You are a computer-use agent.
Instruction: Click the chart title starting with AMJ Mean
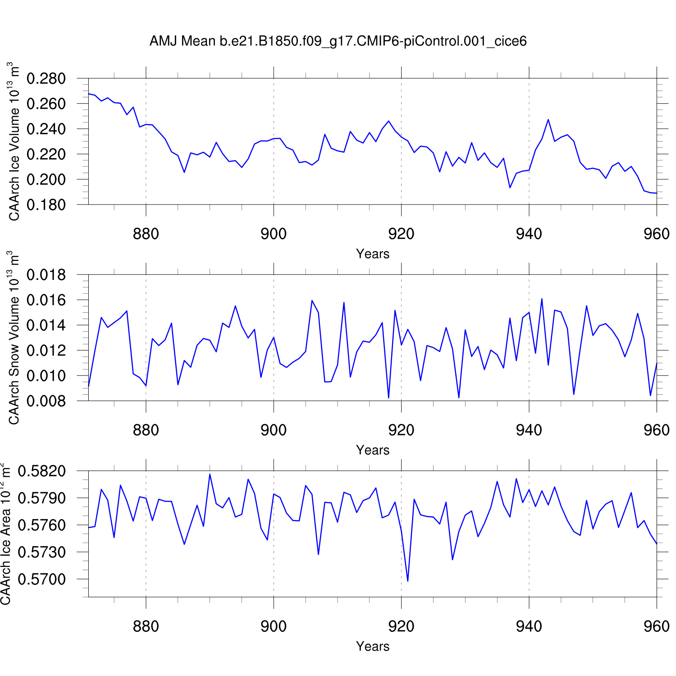[338, 41]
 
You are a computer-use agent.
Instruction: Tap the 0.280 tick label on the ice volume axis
[46, 78]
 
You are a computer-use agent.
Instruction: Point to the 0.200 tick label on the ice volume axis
[46, 179]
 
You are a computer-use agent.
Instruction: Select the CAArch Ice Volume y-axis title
[14, 142]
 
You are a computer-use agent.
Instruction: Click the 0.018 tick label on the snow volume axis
[46, 275]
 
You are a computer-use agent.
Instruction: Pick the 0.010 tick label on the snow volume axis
[46, 375]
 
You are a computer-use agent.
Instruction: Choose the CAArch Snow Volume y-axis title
[14, 338]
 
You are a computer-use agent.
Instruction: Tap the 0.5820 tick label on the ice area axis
[41, 471]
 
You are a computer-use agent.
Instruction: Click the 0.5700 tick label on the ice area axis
[41, 579]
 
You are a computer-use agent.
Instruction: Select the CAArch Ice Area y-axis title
[6, 534]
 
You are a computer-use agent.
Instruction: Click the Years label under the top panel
[373, 254]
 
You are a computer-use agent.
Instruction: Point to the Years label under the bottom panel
[373, 646]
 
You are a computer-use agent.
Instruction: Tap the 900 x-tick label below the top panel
[274, 234]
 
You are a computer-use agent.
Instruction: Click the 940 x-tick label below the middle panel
[529, 430]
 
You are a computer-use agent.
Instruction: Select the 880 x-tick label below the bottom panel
[146, 626]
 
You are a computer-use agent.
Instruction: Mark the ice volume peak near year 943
[548, 119]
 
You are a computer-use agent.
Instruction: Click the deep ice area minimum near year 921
[408, 581]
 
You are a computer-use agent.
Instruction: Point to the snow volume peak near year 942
[542, 299]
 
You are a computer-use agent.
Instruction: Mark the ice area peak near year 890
[210, 474]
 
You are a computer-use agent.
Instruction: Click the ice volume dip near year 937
[510, 187]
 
